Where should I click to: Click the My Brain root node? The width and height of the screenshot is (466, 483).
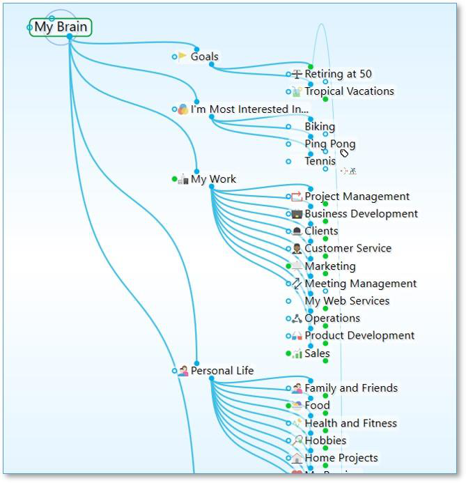coord(61,28)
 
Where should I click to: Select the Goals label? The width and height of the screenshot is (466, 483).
coord(204,56)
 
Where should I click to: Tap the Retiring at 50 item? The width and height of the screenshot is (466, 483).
coord(338,74)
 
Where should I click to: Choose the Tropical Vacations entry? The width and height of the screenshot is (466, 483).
coord(349,91)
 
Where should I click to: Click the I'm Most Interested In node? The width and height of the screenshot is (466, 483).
coord(249,109)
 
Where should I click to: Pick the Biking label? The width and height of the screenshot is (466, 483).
coord(320,127)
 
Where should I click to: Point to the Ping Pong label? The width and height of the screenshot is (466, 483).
coord(329,144)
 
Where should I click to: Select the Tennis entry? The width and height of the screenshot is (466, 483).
coord(320,162)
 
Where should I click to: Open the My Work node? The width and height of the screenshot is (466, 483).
coord(213,179)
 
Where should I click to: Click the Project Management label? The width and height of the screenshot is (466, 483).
coord(357,197)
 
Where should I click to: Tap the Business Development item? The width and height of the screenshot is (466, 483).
coord(361,214)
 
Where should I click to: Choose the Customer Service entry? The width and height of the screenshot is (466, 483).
coord(348,248)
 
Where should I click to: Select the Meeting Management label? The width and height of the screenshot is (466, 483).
coord(360,284)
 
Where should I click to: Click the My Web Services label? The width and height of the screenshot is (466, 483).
coord(347,301)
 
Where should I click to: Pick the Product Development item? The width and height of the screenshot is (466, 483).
coord(359,335)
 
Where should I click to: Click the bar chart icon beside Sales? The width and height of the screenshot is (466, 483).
coord(297,353)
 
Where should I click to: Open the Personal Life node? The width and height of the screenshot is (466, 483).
coord(222,371)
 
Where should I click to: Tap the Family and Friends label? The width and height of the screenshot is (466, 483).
coord(351,388)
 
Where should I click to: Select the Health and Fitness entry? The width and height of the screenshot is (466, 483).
coord(350,423)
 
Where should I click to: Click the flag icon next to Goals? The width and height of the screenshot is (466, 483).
coord(182,56)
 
